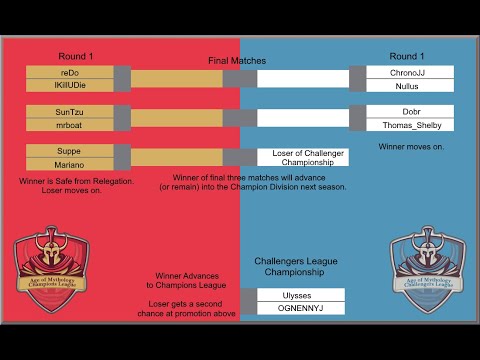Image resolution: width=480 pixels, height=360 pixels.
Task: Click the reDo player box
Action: (x=69, y=73)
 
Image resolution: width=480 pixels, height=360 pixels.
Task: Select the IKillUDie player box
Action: (x=69, y=87)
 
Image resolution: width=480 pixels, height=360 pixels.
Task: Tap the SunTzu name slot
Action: (x=69, y=111)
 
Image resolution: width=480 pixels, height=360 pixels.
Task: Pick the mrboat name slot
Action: (x=69, y=125)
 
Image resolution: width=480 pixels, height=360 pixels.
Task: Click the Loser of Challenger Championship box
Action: (x=301, y=156)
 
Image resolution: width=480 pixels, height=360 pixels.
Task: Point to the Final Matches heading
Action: (x=237, y=61)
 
